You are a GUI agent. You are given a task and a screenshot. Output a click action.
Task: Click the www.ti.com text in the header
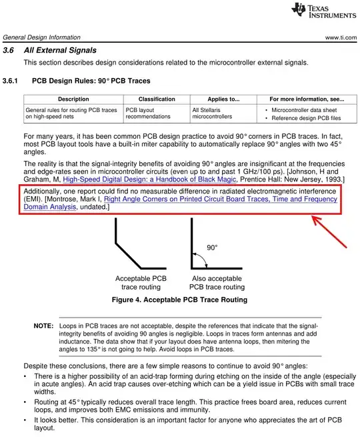341,37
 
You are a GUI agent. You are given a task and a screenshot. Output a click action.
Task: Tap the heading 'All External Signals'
60,51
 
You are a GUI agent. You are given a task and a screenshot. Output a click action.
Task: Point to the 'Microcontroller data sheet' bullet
303,109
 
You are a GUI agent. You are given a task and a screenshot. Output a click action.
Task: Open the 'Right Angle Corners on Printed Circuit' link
220,199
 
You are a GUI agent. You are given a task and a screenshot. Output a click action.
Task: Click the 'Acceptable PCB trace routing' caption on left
141,282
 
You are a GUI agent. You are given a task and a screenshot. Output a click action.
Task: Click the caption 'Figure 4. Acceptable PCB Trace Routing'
179,300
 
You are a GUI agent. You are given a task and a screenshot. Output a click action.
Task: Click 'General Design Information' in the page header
41,37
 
